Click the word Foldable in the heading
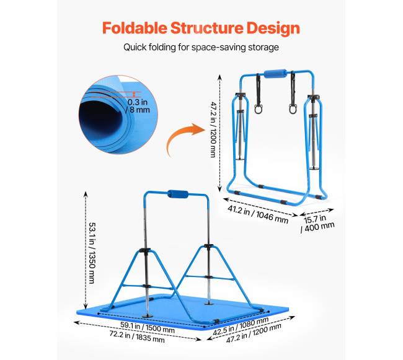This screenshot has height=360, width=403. (135, 28)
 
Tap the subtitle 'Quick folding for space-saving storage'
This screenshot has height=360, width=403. (201, 47)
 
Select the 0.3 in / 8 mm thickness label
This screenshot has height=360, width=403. (138, 106)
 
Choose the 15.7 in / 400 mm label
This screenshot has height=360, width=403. (317, 223)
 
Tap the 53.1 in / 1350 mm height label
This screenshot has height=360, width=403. (92, 253)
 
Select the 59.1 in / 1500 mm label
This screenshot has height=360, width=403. (148, 327)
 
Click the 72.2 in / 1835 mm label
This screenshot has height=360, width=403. (137, 336)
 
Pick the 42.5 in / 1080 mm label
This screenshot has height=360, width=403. (241, 326)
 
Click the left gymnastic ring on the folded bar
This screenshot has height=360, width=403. (259, 109)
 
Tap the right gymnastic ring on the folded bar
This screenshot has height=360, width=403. (293, 109)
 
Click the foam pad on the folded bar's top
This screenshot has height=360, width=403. (275, 74)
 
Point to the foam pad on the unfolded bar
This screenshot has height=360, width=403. (178, 194)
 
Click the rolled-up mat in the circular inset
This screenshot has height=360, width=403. (118, 115)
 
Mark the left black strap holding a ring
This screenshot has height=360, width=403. (259, 89)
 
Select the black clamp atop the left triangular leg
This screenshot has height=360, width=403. (145, 250)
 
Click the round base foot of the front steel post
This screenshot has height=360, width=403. (148, 316)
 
